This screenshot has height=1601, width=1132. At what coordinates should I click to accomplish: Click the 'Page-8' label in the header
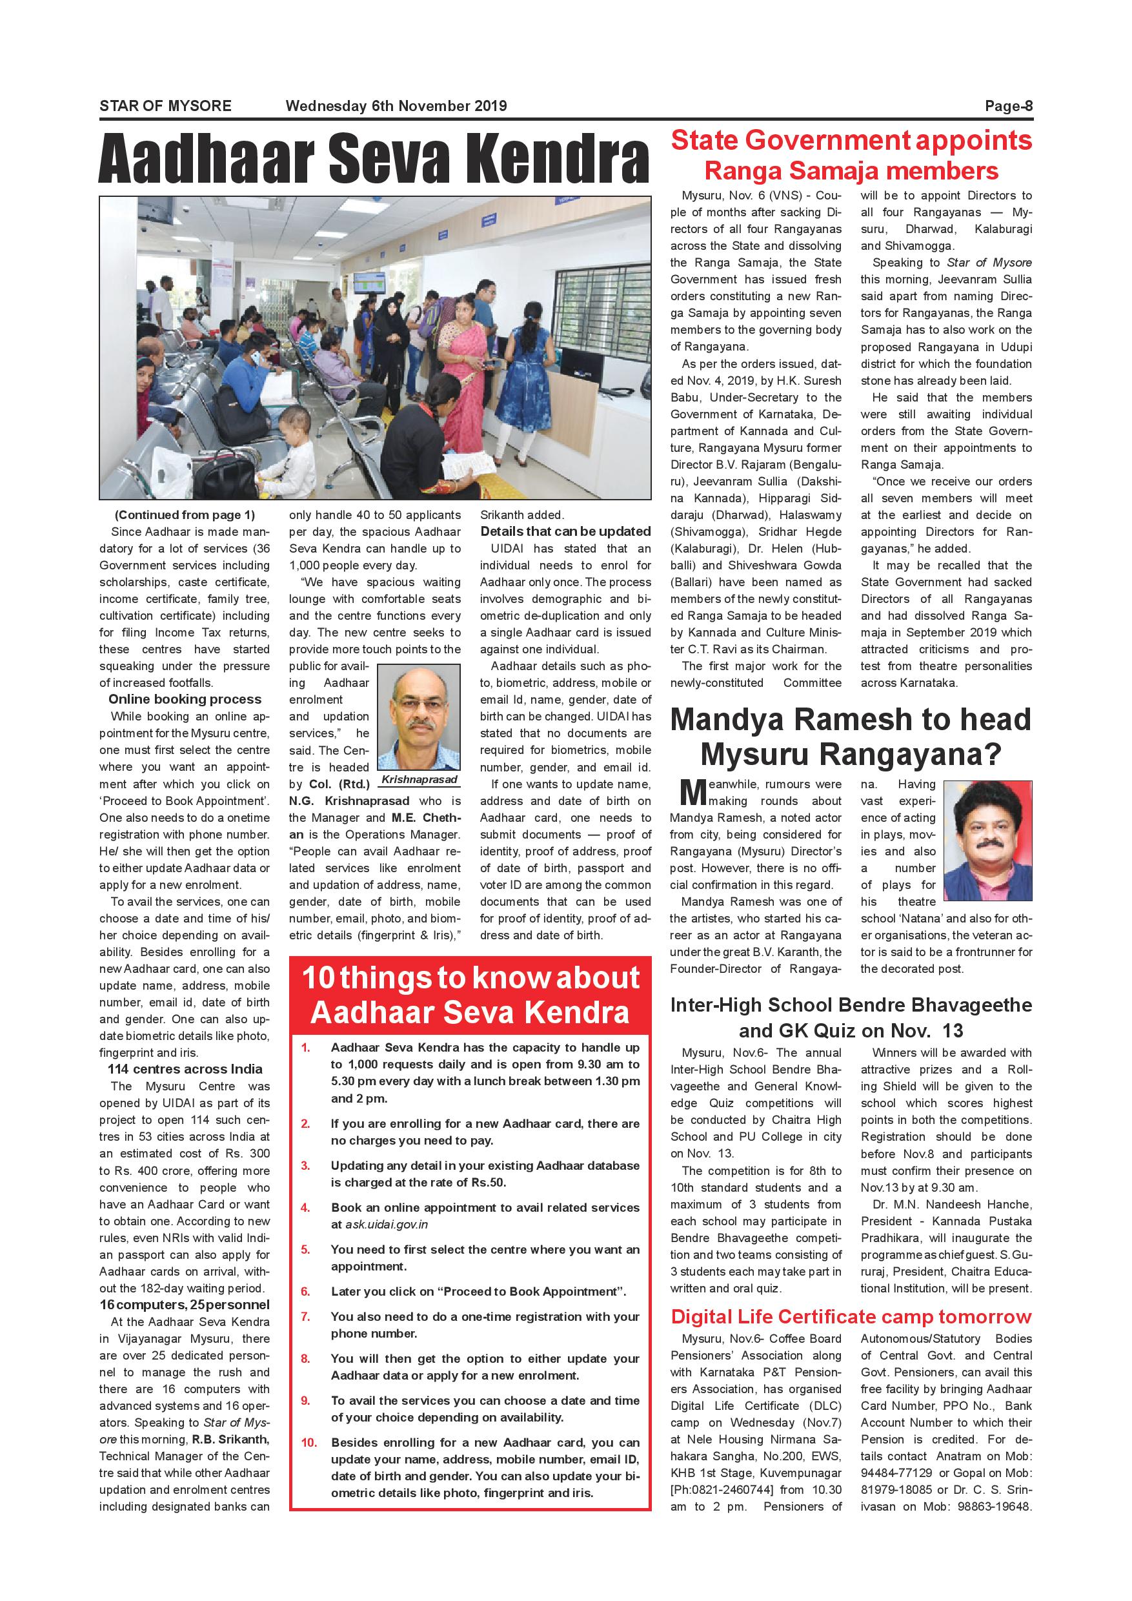tap(1008, 106)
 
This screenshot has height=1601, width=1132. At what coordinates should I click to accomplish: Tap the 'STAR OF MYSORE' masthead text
tap(165, 106)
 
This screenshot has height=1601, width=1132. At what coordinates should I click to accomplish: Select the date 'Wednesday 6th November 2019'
tap(396, 106)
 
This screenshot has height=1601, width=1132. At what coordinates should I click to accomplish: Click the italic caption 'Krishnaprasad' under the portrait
tap(419, 780)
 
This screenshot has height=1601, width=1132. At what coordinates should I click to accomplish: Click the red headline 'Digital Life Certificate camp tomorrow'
tap(851, 1317)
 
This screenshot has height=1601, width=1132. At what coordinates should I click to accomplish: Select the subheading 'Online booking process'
tap(185, 699)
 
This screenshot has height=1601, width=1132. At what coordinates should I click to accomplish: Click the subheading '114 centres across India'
tap(185, 1069)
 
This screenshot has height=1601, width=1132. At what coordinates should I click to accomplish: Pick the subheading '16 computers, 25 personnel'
tap(184, 1305)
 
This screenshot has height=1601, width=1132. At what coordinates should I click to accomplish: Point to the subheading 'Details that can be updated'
tap(565, 531)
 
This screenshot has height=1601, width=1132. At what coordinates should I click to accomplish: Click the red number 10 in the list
tap(308, 1443)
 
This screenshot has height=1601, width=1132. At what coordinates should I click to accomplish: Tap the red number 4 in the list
tap(305, 1208)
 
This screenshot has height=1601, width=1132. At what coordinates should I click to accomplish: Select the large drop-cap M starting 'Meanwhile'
tap(693, 793)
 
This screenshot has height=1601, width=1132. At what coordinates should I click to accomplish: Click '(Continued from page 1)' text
tap(185, 515)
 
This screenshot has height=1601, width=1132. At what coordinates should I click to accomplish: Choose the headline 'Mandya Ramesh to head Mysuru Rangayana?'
tap(851, 737)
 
